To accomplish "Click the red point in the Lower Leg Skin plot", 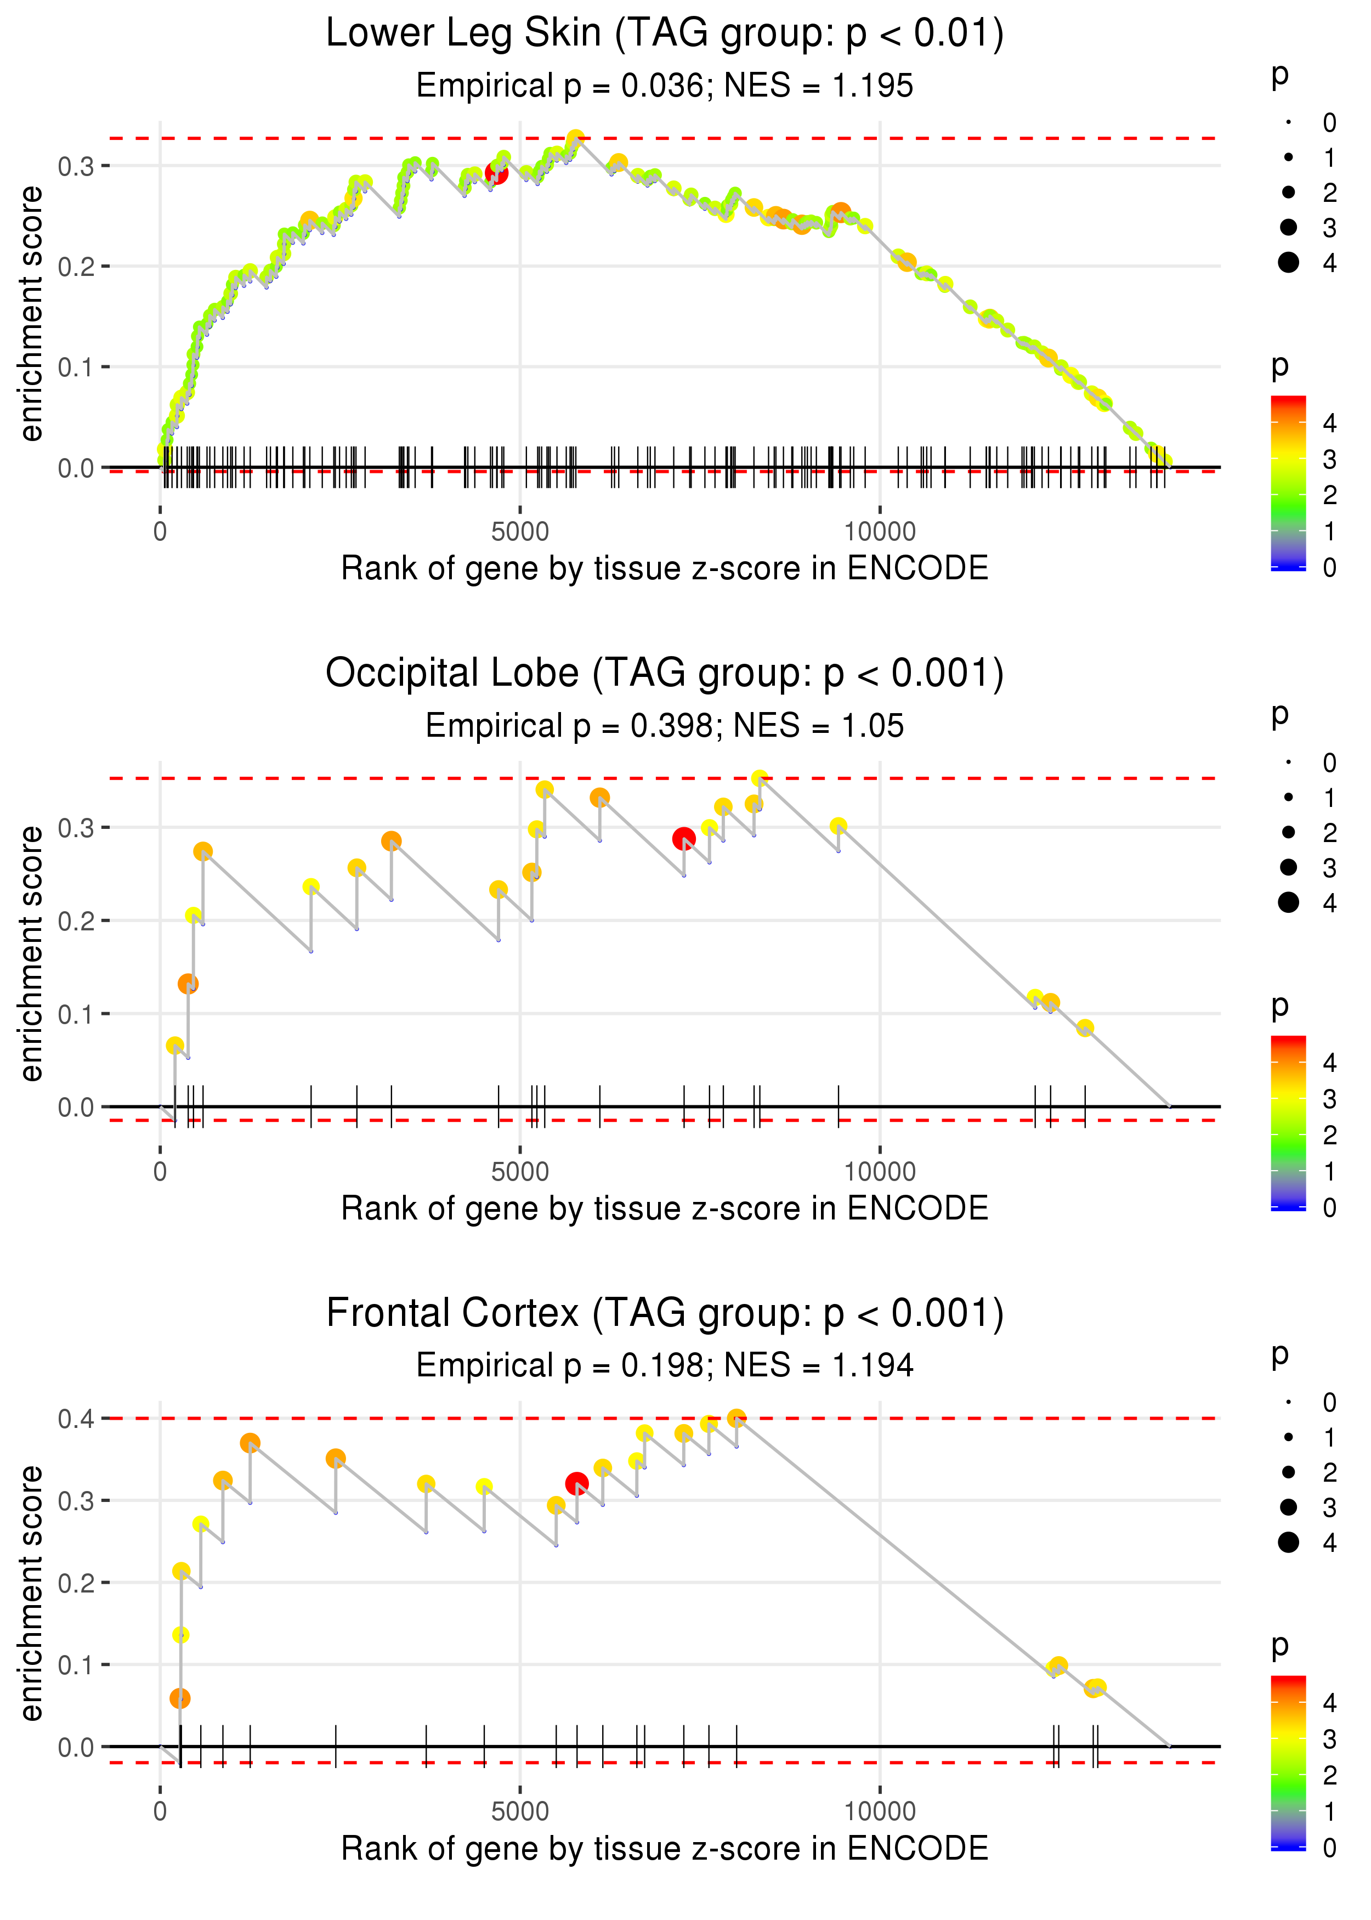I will point(496,174).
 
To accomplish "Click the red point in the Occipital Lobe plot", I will point(684,838).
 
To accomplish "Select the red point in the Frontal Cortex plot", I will point(576,1483).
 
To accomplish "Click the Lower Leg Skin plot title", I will point(665,34).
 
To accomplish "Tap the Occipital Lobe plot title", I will point(665,674).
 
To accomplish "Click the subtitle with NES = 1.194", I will point(665,1366).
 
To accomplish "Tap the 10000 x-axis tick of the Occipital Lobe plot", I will point(880,1172).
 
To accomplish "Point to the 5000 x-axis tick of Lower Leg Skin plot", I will point(520,532).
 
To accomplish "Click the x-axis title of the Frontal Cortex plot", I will point(665,1848).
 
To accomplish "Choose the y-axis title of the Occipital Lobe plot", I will point(31,953).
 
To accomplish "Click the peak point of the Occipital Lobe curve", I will point(760,778).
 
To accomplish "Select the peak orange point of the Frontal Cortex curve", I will point(736,1419).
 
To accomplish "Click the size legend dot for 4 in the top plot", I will point(1288,263).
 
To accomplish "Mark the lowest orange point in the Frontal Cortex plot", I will point(180,1698).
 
